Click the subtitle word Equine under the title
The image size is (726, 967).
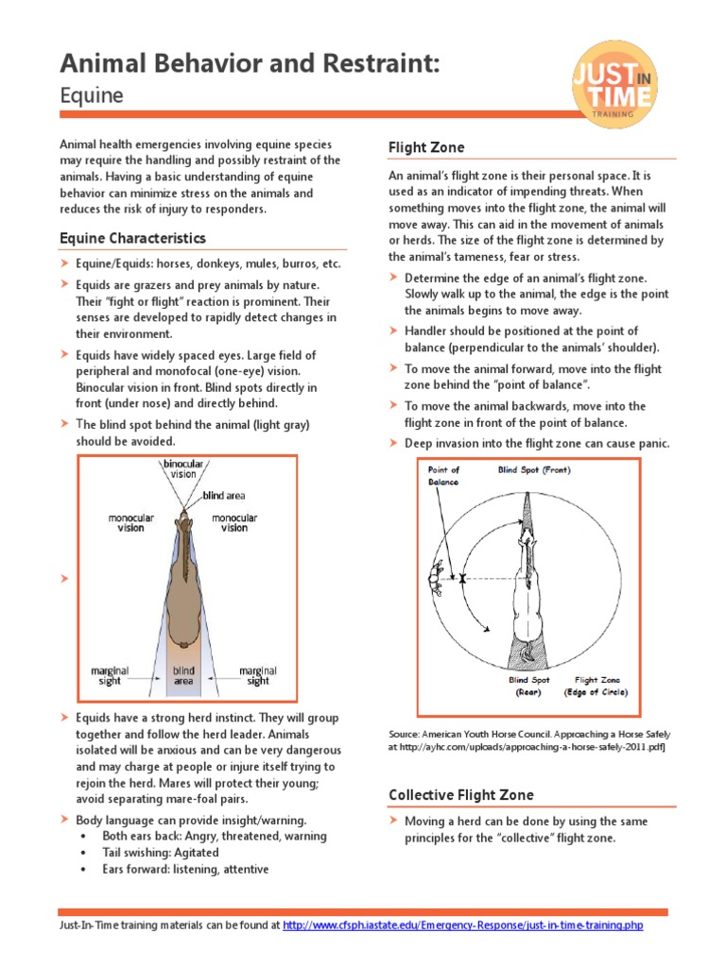tap(91, 95)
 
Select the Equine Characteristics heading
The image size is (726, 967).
tap(132, 238)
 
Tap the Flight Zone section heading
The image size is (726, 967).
tap(426, 147)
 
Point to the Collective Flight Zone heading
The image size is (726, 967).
tap(460, 795)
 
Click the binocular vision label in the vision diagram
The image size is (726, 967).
tap(183, 469)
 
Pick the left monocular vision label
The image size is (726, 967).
tap(130, 523)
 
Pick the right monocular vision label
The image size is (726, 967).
tap(234, 523)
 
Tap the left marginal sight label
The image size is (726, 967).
tap(110, 676)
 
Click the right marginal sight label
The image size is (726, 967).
tap(258, 676)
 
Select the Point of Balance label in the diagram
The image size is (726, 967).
tap(443, 475)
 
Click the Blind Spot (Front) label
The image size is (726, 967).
tap(534, 469)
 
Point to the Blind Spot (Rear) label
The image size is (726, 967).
tap(528, 686)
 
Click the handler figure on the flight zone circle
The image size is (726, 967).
tap(439, 577)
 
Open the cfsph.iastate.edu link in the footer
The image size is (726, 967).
tap(463, 925)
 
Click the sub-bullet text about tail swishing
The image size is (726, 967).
tap(161, 853)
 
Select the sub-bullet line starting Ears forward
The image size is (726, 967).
tap(185, 869)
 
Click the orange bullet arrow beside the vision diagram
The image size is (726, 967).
tap(64, 578)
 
